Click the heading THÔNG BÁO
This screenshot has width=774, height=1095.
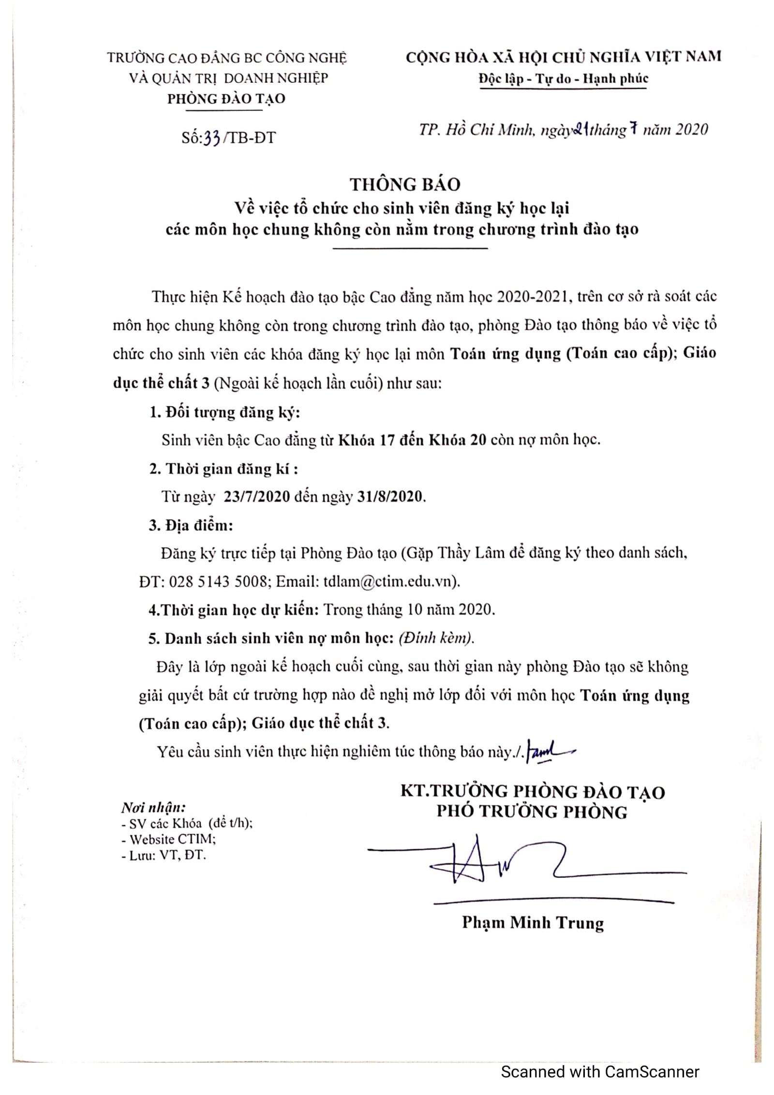[405, 184]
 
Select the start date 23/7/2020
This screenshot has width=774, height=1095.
[256, 497]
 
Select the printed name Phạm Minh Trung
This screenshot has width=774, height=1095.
[533, 922]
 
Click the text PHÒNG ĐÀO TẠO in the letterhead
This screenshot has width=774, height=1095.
[226, 99]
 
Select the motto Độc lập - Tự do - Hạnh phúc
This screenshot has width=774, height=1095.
[563, 79]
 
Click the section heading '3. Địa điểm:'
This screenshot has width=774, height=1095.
[191, 525]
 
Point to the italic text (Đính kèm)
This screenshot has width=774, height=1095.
[436, 638]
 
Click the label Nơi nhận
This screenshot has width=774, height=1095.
[153, 807]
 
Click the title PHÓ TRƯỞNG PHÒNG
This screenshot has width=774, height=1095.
[532, 811]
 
